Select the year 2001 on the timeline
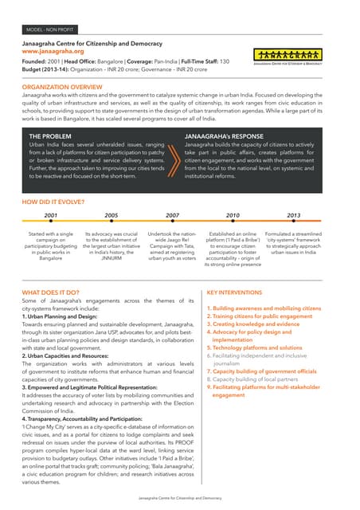[x=50, y=216]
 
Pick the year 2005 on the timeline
[x=111, y=216]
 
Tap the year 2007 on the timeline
[x=171, y=216]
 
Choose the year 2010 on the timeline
[x=233, y=216]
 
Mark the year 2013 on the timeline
[x=293, y=216]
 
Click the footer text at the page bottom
[x=180, y=496]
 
